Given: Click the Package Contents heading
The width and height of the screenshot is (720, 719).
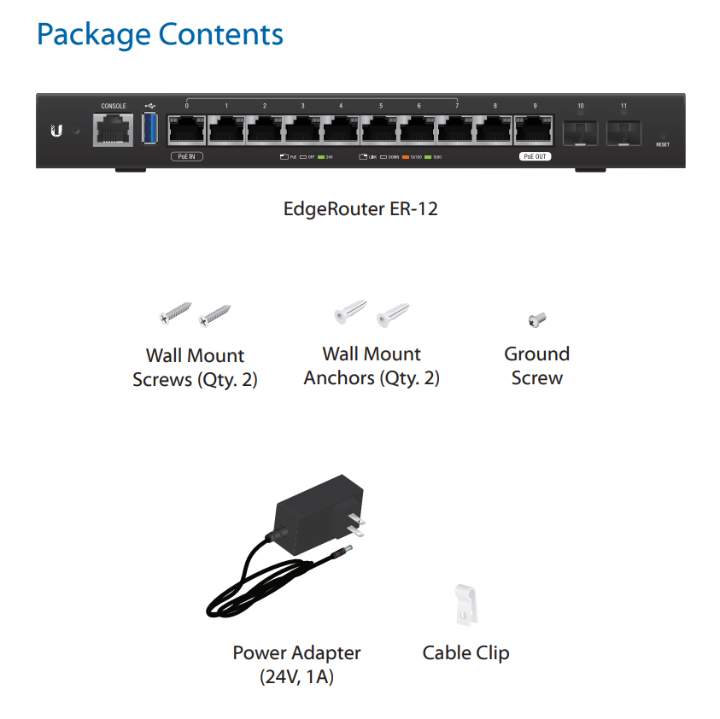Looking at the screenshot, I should (x=160, y=35).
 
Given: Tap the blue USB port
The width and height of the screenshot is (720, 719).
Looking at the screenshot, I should (x=151, y=129).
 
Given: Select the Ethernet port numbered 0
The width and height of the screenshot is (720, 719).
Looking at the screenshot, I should (x=185, y=131).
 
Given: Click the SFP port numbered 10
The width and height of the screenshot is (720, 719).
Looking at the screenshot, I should (x=580, y=132).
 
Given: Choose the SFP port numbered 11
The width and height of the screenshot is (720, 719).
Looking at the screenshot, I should (x=623, y=132).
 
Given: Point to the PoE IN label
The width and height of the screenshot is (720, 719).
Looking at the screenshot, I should (x=187, y=157).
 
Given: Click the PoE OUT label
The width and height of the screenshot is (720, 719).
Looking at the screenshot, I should (x=536, y=157).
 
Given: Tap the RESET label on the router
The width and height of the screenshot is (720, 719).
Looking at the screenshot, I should (x=663, y=144).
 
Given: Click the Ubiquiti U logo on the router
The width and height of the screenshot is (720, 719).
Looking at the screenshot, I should (x=56, y=132).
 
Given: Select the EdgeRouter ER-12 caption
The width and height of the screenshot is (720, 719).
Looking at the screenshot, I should (x=360, y=208).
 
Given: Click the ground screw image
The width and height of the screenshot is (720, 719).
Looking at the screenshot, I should (x=536, y=320).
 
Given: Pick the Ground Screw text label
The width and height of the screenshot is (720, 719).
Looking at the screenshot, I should (x=536, y=366).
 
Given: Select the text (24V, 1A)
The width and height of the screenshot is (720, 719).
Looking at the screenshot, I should (x=296, y=678).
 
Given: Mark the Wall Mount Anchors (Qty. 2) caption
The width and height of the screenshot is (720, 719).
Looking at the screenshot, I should (x=372, y=366).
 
